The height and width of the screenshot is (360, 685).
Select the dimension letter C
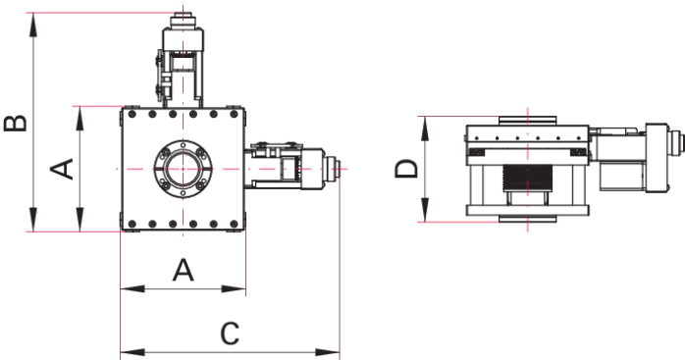(230, 334)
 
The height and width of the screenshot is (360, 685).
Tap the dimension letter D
(406, 169)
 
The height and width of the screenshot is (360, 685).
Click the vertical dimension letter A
(62, 169)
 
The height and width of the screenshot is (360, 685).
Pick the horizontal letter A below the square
(183, 270)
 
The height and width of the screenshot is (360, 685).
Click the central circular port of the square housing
(184, 169)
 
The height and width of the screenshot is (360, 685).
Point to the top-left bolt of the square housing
(132, 114)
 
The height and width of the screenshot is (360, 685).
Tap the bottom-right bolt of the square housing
(234, 224)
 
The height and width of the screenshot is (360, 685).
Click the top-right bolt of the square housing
(234, 114)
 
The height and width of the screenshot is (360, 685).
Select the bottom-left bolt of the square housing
(132, 224)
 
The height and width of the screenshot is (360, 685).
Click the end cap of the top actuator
(184, 21)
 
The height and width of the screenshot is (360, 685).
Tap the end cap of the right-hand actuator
(333, 169)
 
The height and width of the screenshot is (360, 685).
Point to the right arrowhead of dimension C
(328, 352)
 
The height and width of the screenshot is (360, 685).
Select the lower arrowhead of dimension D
(425, 210)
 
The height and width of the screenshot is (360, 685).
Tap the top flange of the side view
(528, 120)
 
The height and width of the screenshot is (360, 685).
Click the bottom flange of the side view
(528, 219)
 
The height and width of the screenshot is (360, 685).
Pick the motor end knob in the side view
(677, 142)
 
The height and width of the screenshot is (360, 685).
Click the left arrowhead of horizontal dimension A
(132, 288)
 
